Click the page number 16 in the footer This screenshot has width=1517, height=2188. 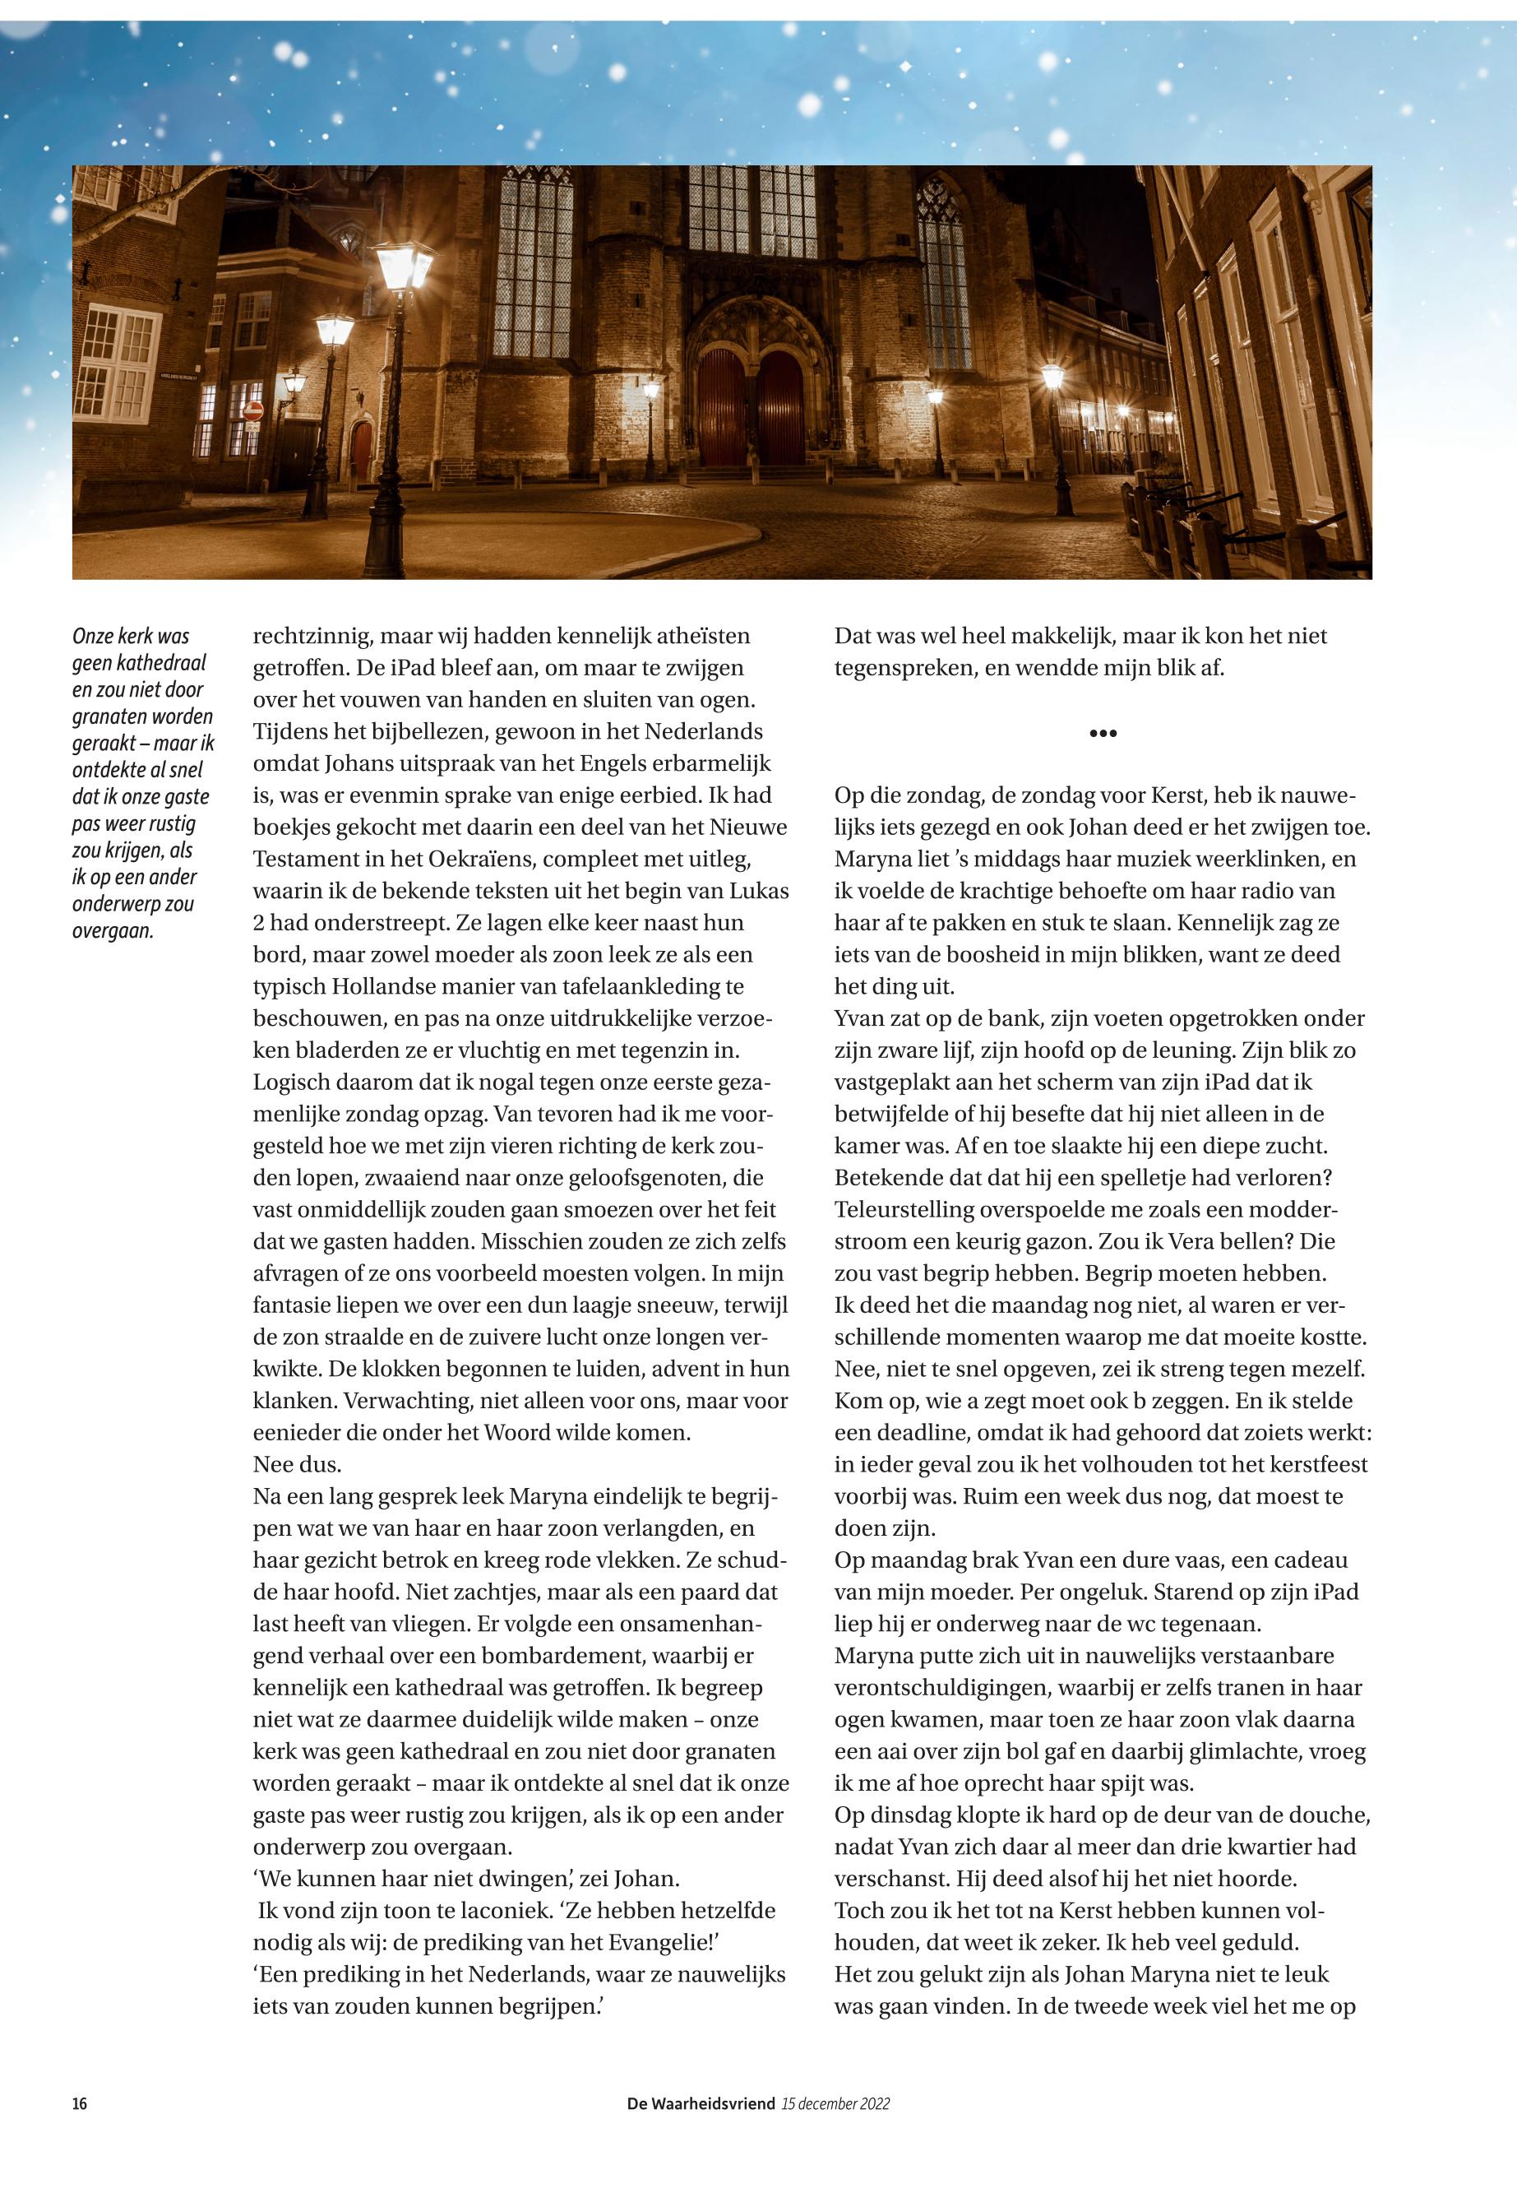(x=80, y=2104)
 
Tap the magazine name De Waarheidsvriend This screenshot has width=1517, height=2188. (x=701, y=2104)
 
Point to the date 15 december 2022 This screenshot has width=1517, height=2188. (x=835, y=2104)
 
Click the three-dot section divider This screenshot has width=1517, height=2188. (x=1102, y=733)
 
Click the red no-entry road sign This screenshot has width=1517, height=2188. (x=253, y=410)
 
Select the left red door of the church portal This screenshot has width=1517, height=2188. (x=723, y=406)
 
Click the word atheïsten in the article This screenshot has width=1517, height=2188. (x=696, y=636)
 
